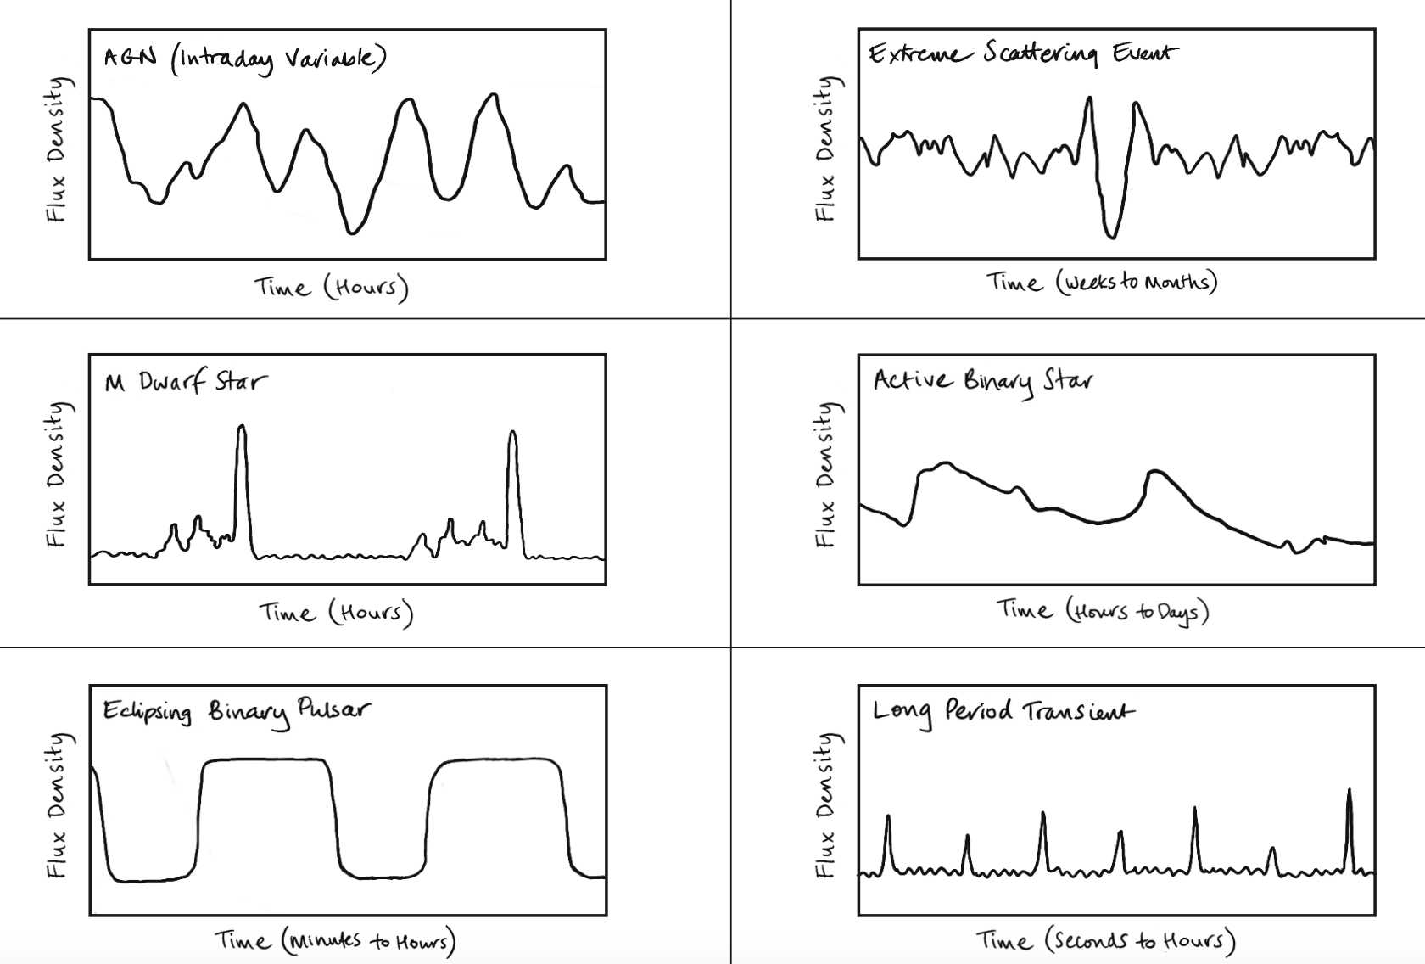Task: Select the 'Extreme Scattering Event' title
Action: [1023, 54]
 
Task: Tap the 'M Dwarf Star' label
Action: [185, 382]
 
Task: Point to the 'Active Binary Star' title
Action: [982, 381]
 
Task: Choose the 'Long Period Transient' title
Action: [1003, 712]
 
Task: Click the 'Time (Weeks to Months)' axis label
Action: [1101, 282]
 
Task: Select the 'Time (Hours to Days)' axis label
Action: [1102, 610]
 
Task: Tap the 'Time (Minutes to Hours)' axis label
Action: [335, 940]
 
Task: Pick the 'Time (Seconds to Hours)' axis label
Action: [1105, 940]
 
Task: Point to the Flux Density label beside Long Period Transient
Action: [825, 804]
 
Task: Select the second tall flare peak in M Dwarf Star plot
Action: [512, 434]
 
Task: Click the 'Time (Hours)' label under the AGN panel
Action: [332, 288]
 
